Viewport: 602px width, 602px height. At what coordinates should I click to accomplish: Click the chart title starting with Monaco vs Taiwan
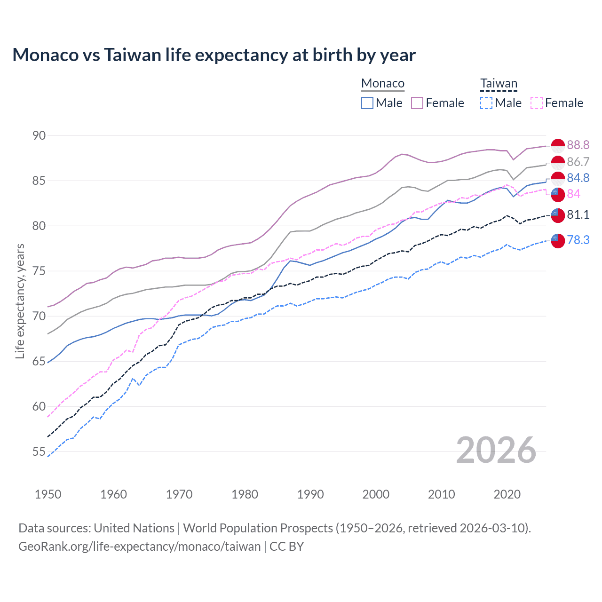[x=214, y=55]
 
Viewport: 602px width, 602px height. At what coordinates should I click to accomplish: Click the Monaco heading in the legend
[x=383, y=83]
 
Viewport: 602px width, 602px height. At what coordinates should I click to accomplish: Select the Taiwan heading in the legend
[x=499, y=84]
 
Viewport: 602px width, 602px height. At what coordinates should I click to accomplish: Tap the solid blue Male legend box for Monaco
[x=367, y=103]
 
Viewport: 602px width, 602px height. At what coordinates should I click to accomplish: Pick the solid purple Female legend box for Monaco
[x=417, y=103]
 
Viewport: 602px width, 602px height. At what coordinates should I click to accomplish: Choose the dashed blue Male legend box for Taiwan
[x=486, y=103]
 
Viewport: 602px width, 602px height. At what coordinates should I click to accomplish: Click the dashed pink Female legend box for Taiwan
[x=537, y=103]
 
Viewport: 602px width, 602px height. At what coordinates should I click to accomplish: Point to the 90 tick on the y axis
[x=39, y=135]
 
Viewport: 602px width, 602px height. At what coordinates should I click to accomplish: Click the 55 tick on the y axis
[x=39, y=451]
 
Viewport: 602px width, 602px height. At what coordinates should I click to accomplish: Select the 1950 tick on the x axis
[x=48, y=494]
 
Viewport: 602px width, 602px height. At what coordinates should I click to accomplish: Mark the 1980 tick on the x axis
[x=245, y=494]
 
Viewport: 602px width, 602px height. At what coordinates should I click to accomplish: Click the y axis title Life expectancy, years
[x=20, y=301]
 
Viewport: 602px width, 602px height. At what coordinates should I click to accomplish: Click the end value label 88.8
[x=578, y=145]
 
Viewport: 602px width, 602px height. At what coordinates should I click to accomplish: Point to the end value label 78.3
[x=578, y=240]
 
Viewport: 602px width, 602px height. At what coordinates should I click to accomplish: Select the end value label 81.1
[x=578, y=214]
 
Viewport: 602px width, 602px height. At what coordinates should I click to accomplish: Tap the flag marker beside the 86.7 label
[x=558, y=163]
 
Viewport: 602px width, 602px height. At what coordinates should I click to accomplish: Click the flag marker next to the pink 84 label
[x=558, y=194]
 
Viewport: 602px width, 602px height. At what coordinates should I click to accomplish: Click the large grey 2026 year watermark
[x=496, y=450]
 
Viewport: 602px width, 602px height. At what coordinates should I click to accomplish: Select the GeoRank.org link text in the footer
[x=139, y=547]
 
